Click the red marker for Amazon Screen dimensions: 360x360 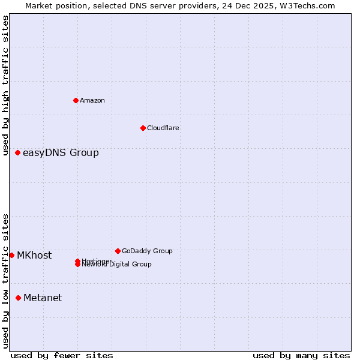click(76, 100)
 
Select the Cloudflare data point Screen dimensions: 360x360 click(143, 128)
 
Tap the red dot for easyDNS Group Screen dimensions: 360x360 click(18, 152)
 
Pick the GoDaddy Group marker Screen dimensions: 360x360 click(118, 251)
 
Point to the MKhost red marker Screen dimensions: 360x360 click(12, 255)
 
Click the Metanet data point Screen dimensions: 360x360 click(19, 298)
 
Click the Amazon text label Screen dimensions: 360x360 click(92, 100)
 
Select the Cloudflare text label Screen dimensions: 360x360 click(163, 128)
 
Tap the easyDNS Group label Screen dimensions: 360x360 click(61, 152)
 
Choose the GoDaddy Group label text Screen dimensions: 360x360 click(147, 251)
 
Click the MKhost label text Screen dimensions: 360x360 click(34, 255)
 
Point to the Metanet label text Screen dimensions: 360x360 click(43, 298)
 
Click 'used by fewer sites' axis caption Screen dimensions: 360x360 click(62, 355)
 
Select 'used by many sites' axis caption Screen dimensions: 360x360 click(301, 355)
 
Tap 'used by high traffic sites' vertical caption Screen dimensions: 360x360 click(5, 85)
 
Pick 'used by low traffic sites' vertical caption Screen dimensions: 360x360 click(5, 281)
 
